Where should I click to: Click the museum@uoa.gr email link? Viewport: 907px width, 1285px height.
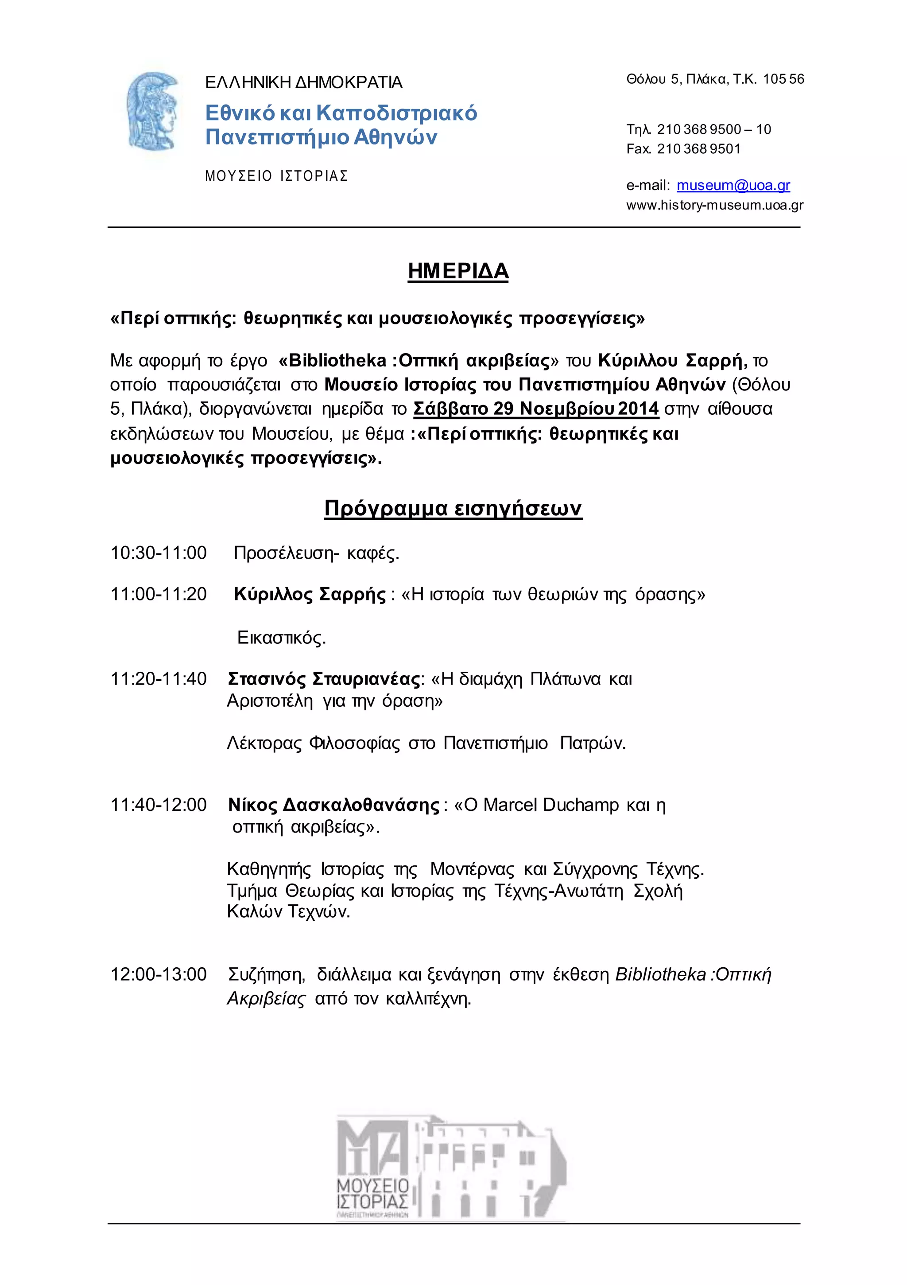pyautogui.click(x=733, y=185)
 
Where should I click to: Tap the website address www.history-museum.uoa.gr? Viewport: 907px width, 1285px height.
pyautogui.click(x=714, y=206)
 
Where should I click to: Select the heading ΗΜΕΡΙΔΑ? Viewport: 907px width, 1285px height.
pyautogui.click(x=457, y=272)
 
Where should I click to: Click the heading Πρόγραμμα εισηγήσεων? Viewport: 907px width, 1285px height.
pyautogui.click(x=453, y=508)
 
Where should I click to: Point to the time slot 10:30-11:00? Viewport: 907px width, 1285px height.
pyautogui.click(x=159, y=553)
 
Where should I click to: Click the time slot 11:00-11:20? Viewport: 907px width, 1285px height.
pyautogui.click(x=159, y=594)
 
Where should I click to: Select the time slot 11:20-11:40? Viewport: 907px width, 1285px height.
pyautogui.click(x=159, y=679)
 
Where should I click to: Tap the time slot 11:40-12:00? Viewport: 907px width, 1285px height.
pyautogui.click(x=159, y=805)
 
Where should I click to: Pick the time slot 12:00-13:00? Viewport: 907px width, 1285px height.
pyautogui.click(x=159, y=974)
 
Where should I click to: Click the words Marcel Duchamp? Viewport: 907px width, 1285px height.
pyautogui.click(x=550, y=805)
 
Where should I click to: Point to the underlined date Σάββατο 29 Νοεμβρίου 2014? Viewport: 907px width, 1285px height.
pyautogui.click(x=535, y=409)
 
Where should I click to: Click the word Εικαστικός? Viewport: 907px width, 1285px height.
pyautogui.click(x=281, y=638)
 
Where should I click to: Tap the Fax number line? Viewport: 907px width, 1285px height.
pyautogui.click(x=683, y=149)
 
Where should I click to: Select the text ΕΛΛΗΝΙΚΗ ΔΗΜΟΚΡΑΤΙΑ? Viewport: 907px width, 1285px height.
pyautogui.click(x=304, y=83)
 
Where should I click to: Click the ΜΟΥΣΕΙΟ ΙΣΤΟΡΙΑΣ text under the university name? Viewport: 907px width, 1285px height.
pyautogui.click(x=276, y=176)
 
